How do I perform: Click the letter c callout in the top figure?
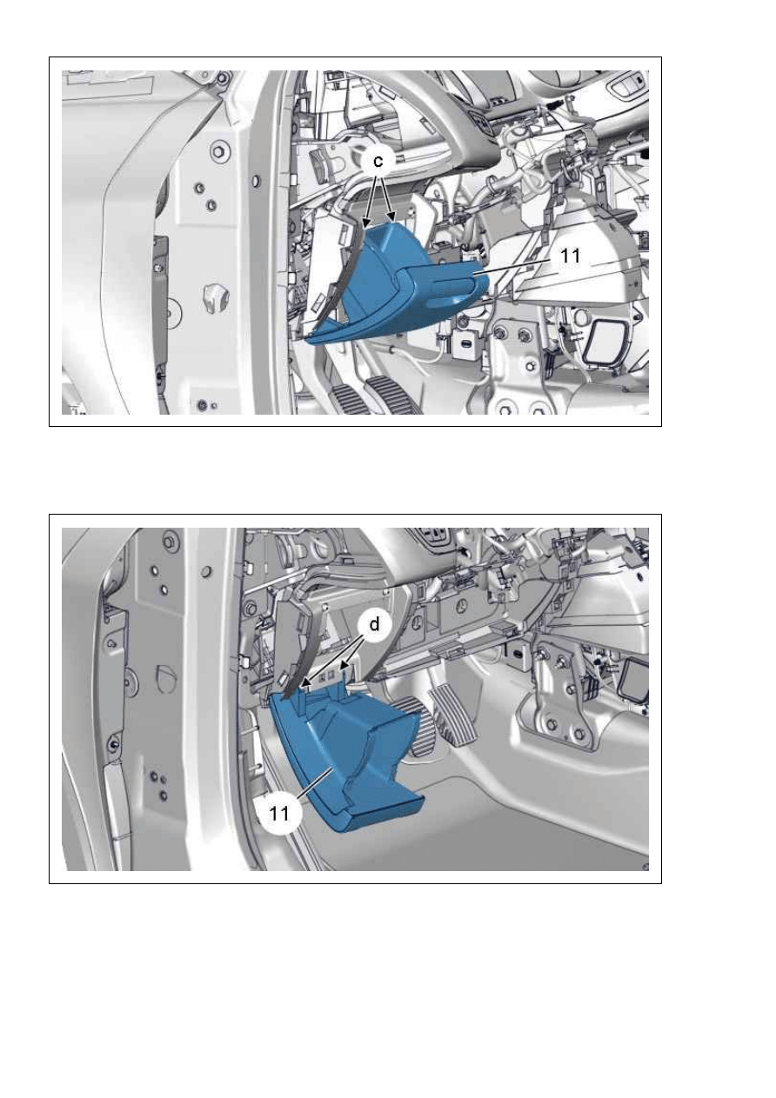[378, 161]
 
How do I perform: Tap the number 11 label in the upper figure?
[570, 256]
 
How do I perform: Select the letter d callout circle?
[374, 624]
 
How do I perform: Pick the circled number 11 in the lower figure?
[279, 814]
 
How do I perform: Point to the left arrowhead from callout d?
[305, 682]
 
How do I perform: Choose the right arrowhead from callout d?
[345, 665]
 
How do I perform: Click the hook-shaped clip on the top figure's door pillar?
[214, 297]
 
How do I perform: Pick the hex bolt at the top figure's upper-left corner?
[224, 78]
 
